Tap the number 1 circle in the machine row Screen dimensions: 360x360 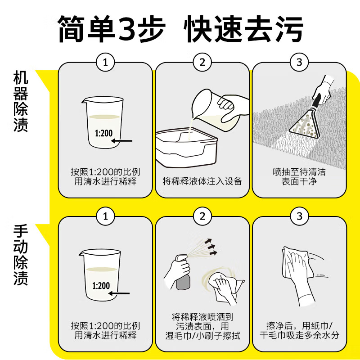tap(105, 62)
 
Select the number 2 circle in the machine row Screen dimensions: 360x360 tap(202, 62)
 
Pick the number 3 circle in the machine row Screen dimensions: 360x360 tap(299, 62)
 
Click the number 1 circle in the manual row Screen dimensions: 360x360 tap(105, 216)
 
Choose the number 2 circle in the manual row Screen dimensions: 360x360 tap(202, 216)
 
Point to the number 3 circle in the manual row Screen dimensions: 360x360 tap(299, 216)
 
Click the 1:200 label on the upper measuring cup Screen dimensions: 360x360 tap(104, 133)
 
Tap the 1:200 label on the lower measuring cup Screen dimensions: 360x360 tap(101, 286)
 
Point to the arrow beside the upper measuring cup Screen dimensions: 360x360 tap(121, 141)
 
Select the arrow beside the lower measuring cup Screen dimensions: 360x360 tap(119, 293)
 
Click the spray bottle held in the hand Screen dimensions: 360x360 tap(183, 272)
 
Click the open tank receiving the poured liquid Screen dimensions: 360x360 tap(186, 148)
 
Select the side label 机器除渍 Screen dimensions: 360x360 tap(21, 101)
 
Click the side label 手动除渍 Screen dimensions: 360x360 tap(21, 255)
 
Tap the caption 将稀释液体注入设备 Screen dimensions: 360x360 tap(202, 181)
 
